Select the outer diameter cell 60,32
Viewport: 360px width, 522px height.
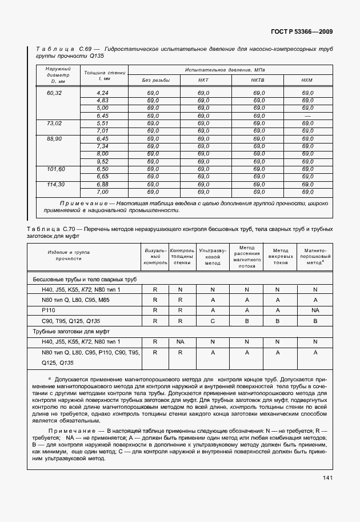tap(55, 93)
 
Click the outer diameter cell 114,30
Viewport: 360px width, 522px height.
tap(55, 184)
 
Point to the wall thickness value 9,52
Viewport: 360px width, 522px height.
tap(103, 161)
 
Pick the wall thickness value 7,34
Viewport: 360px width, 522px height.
tap(103, 146)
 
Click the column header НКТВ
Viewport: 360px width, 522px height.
tap(258, 80)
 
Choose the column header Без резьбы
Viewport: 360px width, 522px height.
tap(154, 80)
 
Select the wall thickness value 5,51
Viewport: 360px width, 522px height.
tap(103, 123)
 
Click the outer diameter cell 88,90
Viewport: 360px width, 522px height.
tap(55, 138)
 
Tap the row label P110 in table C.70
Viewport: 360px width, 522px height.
tap(48, 310)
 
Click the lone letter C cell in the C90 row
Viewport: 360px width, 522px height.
tap(213, 321)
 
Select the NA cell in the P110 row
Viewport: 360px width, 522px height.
tap(315, 310)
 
